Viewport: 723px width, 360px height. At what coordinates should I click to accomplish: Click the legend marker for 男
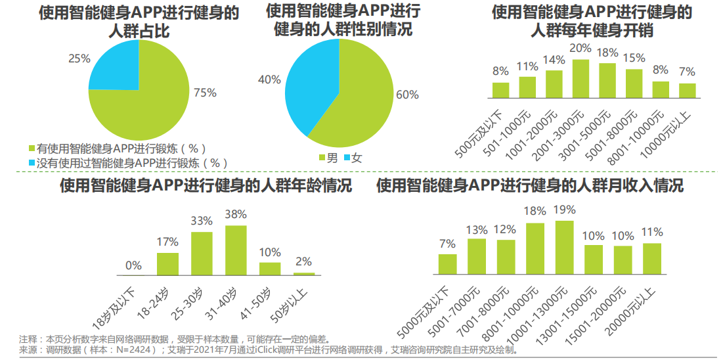(322, 158)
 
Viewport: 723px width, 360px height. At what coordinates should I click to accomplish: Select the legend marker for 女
(347, 158)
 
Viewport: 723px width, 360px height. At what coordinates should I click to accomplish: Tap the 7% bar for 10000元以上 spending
(687, 90)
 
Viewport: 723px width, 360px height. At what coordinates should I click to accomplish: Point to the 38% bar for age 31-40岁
(236, 250)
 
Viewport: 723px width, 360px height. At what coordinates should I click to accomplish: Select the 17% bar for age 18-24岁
(167, 263)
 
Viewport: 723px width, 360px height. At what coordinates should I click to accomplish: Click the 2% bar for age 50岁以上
(304, 273)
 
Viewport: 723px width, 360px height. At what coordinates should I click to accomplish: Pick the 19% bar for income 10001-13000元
(564, 247)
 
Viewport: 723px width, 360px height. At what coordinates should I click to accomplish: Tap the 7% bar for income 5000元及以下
(447, 263)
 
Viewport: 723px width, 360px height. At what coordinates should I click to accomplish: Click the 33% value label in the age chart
(202, 221)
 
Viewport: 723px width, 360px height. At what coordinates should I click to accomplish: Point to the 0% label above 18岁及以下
(133, 265)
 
